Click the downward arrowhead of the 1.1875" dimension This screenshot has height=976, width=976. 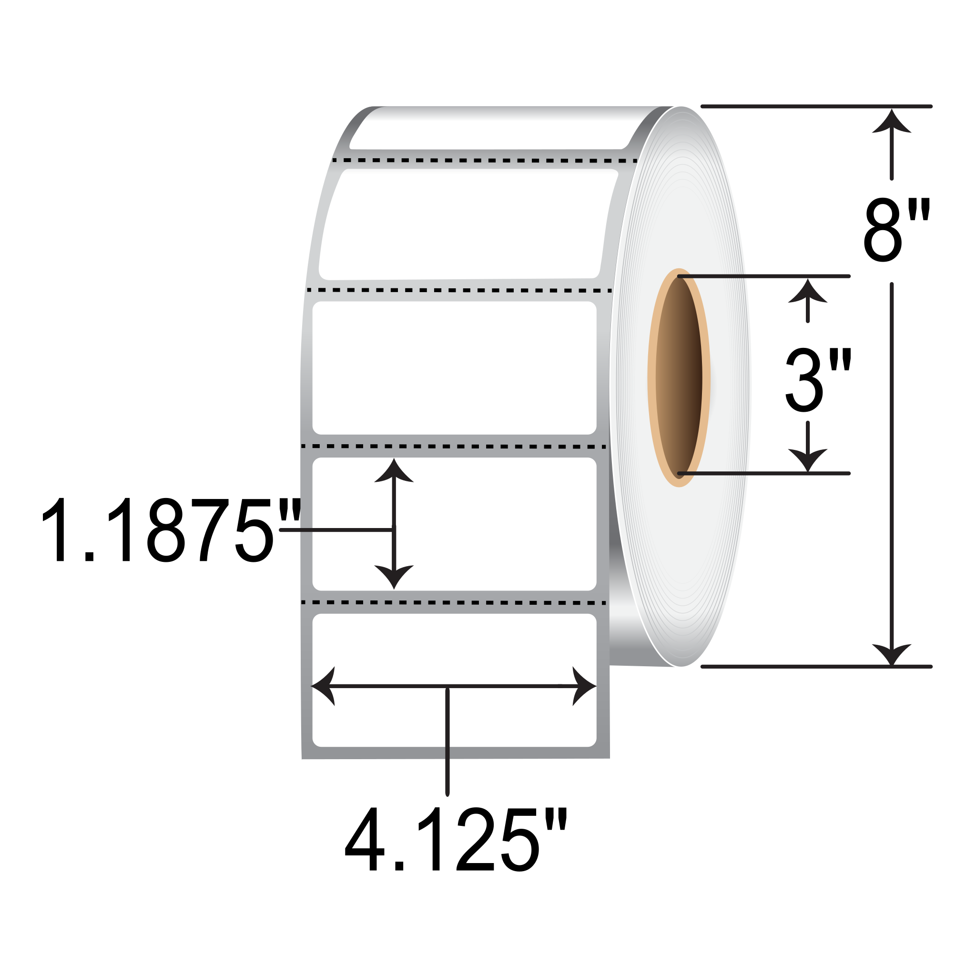(x=394, y=575)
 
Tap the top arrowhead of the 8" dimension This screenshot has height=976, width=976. (x=892, y=121)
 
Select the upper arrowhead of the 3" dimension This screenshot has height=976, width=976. (x=808, y=292)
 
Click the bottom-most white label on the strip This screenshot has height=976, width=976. (x=454, y=651)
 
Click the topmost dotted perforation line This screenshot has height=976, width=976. (x=485, y=161)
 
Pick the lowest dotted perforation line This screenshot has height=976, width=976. (x=454, y=603)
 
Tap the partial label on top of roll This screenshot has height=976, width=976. (x=485, y=129)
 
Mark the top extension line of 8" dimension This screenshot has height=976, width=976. (x=816, y=107)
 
